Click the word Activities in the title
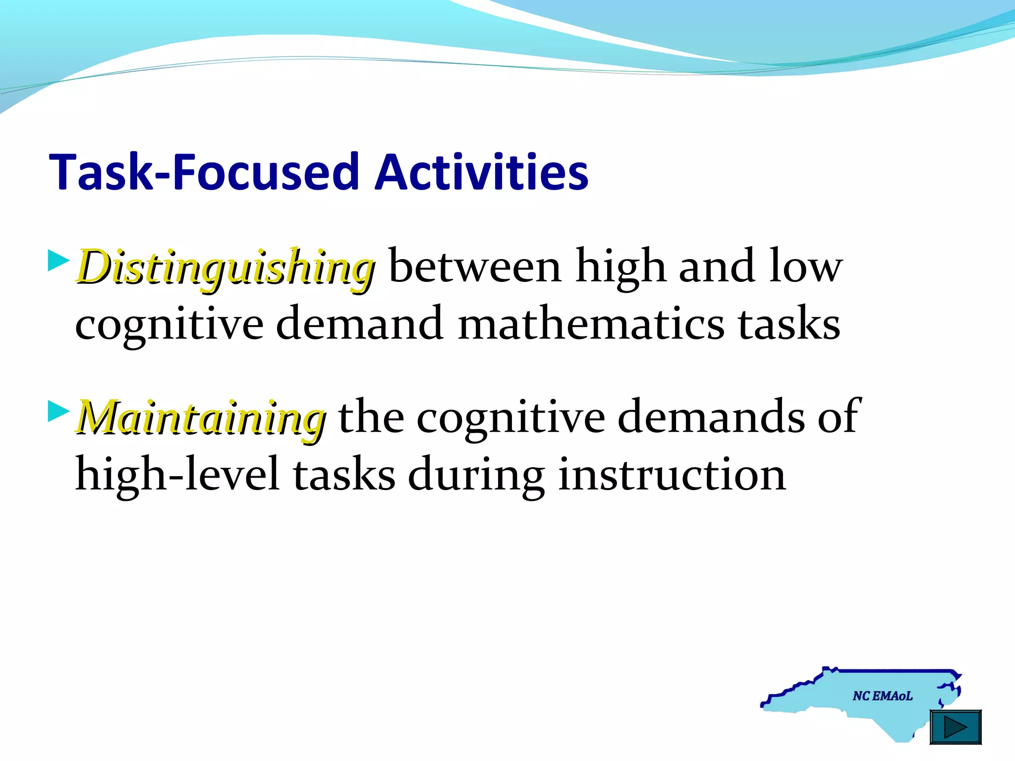482,172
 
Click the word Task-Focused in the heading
204,172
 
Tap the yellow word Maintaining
201,418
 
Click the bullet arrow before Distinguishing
58,261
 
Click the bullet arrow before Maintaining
58,411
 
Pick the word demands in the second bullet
711,417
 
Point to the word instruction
672,475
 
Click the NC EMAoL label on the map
882,696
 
